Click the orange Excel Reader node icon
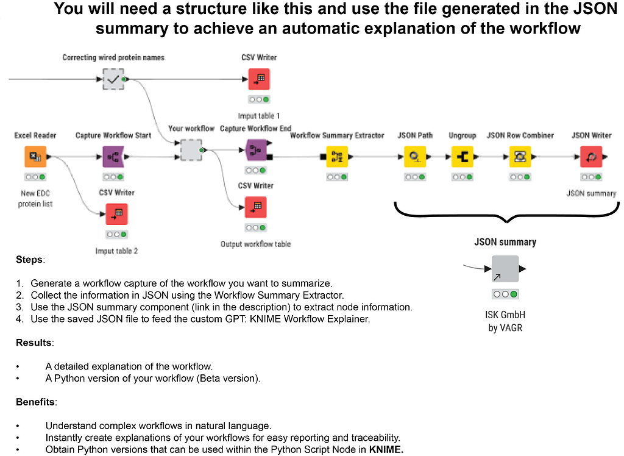pos(35,157)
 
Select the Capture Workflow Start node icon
pos(113,157)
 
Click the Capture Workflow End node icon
pos(255,150)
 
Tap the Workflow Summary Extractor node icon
pos(337,157)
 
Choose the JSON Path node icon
pos(415,157)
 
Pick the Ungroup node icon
pos(462,157)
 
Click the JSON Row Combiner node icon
pos(520,157)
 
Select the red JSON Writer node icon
pos(591,157)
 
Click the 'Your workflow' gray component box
pos(191,150)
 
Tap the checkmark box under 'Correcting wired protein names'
pos(113,79)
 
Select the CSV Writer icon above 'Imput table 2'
pos(116,214)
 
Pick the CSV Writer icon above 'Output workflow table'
pos(255,207)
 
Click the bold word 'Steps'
pos(29,260)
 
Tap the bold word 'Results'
pos(34,343)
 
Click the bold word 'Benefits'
pos(36,402)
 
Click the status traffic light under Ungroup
pos(462,177)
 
